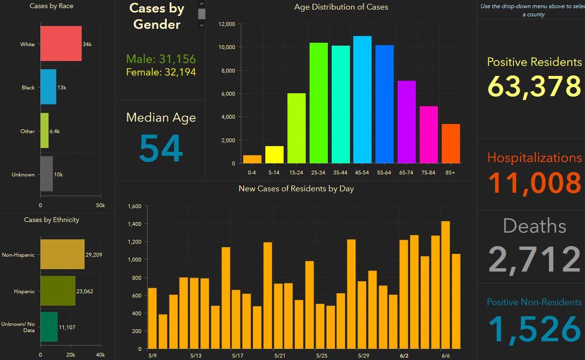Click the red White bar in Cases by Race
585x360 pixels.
61,44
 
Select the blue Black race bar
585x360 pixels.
48,87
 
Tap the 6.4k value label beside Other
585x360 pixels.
55,131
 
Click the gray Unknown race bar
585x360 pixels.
47,174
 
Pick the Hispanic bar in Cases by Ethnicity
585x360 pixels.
58,291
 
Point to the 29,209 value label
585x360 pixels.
94,255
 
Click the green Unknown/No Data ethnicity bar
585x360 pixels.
49,327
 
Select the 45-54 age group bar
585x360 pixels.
362,99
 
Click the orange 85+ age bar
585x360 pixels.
450,144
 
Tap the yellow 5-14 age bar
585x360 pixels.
274,155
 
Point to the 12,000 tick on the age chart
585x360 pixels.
227,24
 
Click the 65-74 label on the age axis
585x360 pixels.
406,173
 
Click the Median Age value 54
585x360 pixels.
161,149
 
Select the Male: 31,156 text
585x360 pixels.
161,59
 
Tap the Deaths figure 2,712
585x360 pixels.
534,259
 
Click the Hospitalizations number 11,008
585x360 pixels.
534,183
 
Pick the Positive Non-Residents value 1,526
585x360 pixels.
534,329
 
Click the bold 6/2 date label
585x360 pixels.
404,356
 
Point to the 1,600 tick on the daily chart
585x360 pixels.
135,206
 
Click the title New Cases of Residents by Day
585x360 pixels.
296,189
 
